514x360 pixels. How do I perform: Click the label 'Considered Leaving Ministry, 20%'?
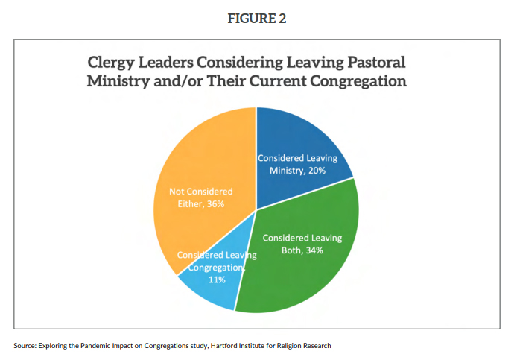pos(297,165)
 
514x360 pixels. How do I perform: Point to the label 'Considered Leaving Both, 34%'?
pos(302,244)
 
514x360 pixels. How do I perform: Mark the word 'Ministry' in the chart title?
pos(116,80)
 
